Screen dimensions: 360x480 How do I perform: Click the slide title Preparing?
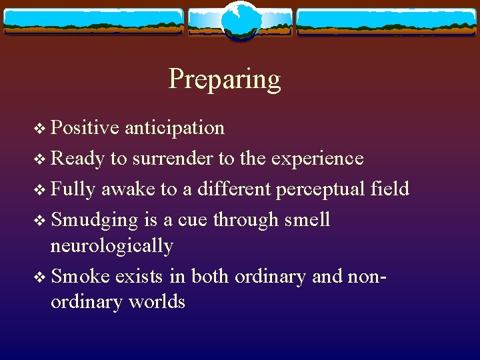(225, 79)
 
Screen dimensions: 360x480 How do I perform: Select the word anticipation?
(175, 127)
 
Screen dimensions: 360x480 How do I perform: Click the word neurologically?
(111, 246)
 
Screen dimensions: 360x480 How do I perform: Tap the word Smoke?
(81, 275)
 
